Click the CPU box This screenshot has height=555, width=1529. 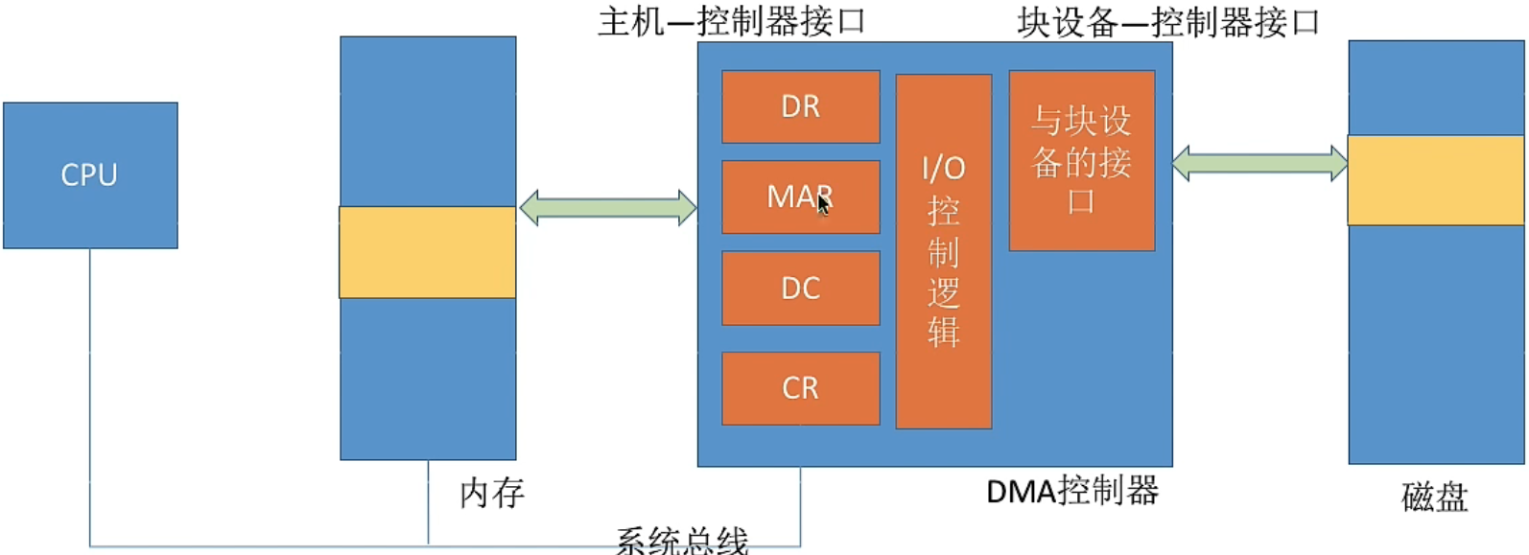click(90, 175)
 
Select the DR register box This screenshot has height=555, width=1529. click(800, 106)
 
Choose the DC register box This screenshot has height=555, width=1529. click(800, 289)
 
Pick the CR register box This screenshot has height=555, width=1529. click(800, 388)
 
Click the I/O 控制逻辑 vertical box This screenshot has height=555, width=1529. click(943, 251)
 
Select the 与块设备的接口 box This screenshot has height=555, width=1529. click(1081, 160)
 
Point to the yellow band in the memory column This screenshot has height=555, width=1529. click(428, 252)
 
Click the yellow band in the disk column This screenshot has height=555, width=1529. click(1435, 180)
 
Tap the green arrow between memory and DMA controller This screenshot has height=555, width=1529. click(608, 208)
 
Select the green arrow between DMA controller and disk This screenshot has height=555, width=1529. click(1259, 163)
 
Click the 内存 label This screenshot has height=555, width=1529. click(492, 493)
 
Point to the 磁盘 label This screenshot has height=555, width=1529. click(1434, 497)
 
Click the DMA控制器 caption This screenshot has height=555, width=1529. click(1071, 491)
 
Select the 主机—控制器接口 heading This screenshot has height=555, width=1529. click(732, 21)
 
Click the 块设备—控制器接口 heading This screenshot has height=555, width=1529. click(1168, 22)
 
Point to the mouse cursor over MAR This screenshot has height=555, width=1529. click(823, 203)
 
